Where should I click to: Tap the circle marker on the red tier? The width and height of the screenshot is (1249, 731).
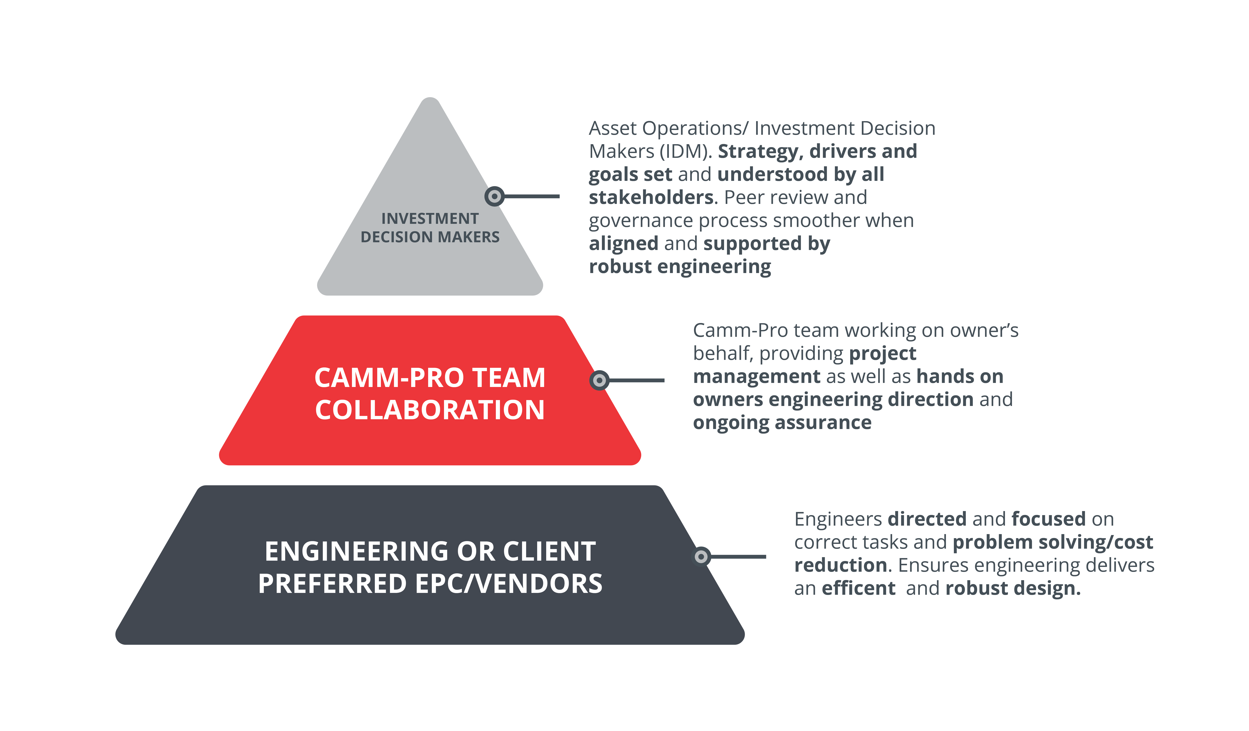(x=599, y=380)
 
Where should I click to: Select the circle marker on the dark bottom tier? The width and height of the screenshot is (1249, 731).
(x=701, y=557)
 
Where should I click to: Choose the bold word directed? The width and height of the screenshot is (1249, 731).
(x=927, y=519)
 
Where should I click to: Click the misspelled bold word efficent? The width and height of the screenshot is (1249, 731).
(x=858, y=588)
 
